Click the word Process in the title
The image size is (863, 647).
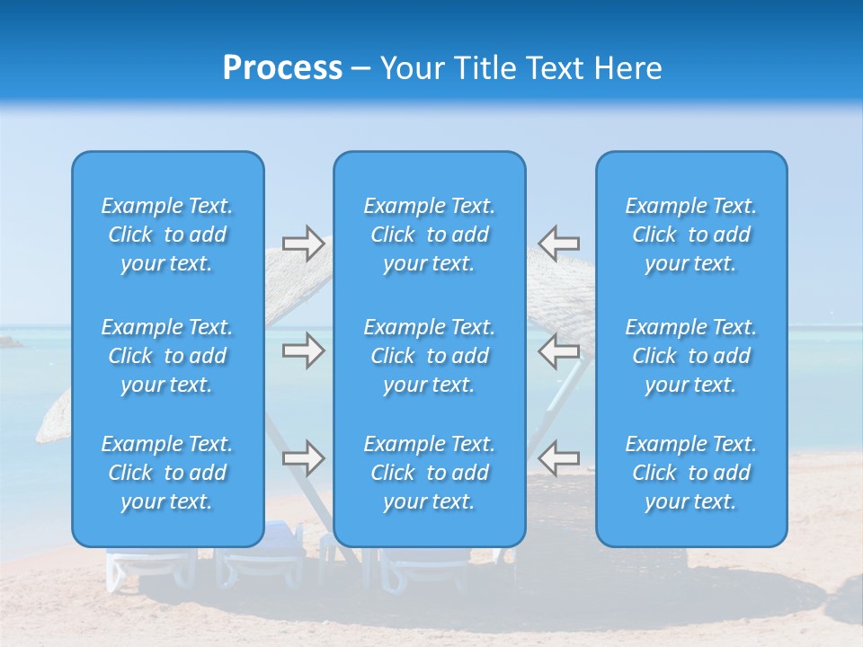point(282,68)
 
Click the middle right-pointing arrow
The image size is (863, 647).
point(304,350)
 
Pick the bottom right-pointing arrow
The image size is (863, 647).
point(304,458)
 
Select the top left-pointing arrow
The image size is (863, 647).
point(558,243)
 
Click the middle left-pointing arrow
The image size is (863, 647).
point(558,350)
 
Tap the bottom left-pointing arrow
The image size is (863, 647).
point(558,458)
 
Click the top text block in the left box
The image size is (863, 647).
point(167,235)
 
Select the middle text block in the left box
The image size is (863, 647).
point(167,356)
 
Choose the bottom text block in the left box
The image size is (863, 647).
point(167,473)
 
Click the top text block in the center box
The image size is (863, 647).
point(430,235)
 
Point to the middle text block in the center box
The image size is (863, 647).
point(430,356)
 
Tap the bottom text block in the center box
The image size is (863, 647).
point(430,473)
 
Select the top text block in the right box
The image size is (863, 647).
point(691,235)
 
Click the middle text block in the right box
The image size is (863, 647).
point(691,356)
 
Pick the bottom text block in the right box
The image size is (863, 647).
point(691,473)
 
